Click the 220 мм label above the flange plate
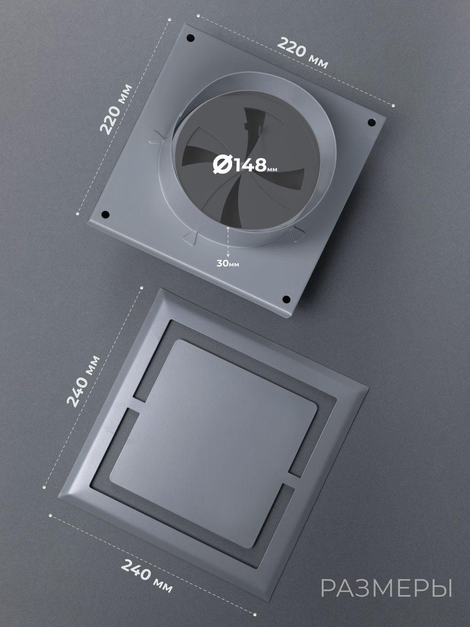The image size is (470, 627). (x=303, y=53)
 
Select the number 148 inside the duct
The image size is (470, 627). (x=250, y=165)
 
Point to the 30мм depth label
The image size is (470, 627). (x=228, y=263)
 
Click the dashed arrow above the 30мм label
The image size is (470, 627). (x=228, y=242)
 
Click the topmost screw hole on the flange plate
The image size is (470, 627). (x=190, y=38)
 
